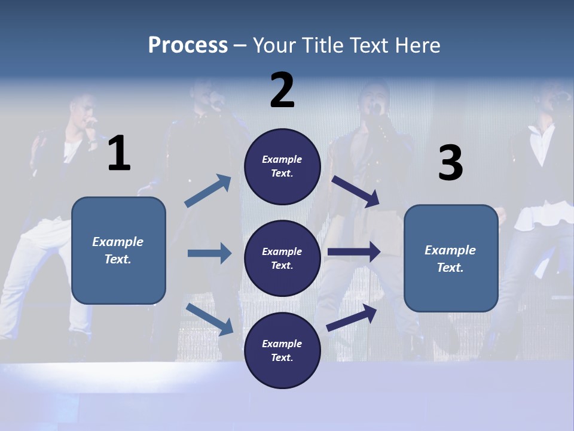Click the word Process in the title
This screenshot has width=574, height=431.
188,45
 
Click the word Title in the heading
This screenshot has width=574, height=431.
323,45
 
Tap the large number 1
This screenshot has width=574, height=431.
119,154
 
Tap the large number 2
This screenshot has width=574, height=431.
282,90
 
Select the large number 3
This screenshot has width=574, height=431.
450,163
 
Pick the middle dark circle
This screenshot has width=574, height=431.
283,258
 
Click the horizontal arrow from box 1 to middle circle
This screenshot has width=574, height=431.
209,253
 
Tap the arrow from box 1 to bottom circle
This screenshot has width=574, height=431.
209,319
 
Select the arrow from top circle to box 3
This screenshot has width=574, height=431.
355,191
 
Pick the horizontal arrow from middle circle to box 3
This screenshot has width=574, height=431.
353,252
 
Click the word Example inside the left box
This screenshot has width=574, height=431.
118,242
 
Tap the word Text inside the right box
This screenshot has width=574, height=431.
450,268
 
